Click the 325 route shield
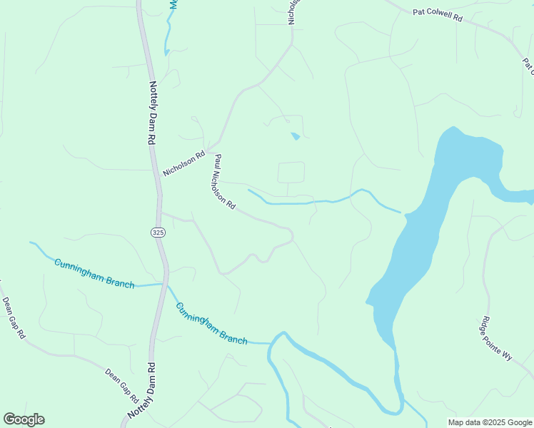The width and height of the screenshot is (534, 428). pyautogui.click(x=157, y=233)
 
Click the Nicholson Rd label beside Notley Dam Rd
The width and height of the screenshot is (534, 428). pyautogui.click(x=183, y=163)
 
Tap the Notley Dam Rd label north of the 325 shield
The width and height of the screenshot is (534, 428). pyautogui.click(x=152, y=113)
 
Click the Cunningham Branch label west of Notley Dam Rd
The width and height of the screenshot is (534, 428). pyautogui.click(x=94, y=272)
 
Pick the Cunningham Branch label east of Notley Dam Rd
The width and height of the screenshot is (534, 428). pyautogui.click(x=211, y=324)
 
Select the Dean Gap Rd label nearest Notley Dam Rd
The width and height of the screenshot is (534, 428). pyautogui.click(x=121, y=384)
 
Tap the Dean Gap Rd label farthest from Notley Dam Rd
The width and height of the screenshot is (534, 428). pyautogui.click(x=13, y=317)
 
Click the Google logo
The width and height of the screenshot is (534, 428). pyautogui.click(x=24, y=419)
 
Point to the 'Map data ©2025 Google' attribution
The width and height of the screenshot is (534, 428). pyautogui.click(x=490, y=422)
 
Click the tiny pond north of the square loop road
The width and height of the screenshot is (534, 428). pyautogui.click(x=295, y=136)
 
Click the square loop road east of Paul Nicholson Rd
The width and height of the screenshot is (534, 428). pyautogui.click(x=291, y=173)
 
